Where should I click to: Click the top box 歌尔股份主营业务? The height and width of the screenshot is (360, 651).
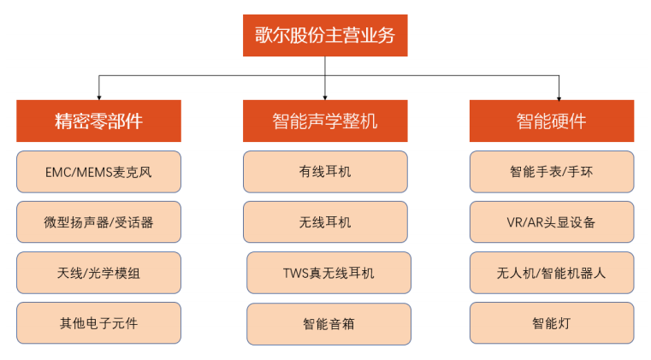325,35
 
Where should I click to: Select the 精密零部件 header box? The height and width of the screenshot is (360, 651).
99,121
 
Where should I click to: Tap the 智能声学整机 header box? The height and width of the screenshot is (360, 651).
325,121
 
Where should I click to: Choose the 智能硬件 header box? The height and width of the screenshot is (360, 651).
552,121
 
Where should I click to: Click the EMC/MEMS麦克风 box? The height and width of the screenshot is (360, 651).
99,172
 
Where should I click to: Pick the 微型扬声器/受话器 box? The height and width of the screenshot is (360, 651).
99,222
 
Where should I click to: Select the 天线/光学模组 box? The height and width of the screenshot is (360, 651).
99,273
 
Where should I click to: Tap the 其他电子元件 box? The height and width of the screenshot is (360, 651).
99,323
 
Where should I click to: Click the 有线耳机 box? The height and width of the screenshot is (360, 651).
325,172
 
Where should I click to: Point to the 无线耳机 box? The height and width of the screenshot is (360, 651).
325,222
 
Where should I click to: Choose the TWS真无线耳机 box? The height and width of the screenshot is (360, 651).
328,273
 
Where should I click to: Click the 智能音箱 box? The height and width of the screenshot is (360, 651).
328,324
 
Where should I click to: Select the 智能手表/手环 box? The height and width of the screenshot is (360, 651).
552,172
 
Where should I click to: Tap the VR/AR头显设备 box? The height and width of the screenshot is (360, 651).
552,222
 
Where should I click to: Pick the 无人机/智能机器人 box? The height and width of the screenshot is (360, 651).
552,273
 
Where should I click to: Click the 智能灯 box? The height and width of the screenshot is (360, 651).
552,323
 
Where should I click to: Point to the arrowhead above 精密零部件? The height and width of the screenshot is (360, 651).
99,98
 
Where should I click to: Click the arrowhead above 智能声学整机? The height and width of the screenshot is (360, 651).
325,98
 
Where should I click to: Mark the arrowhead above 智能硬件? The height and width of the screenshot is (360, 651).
559,98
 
